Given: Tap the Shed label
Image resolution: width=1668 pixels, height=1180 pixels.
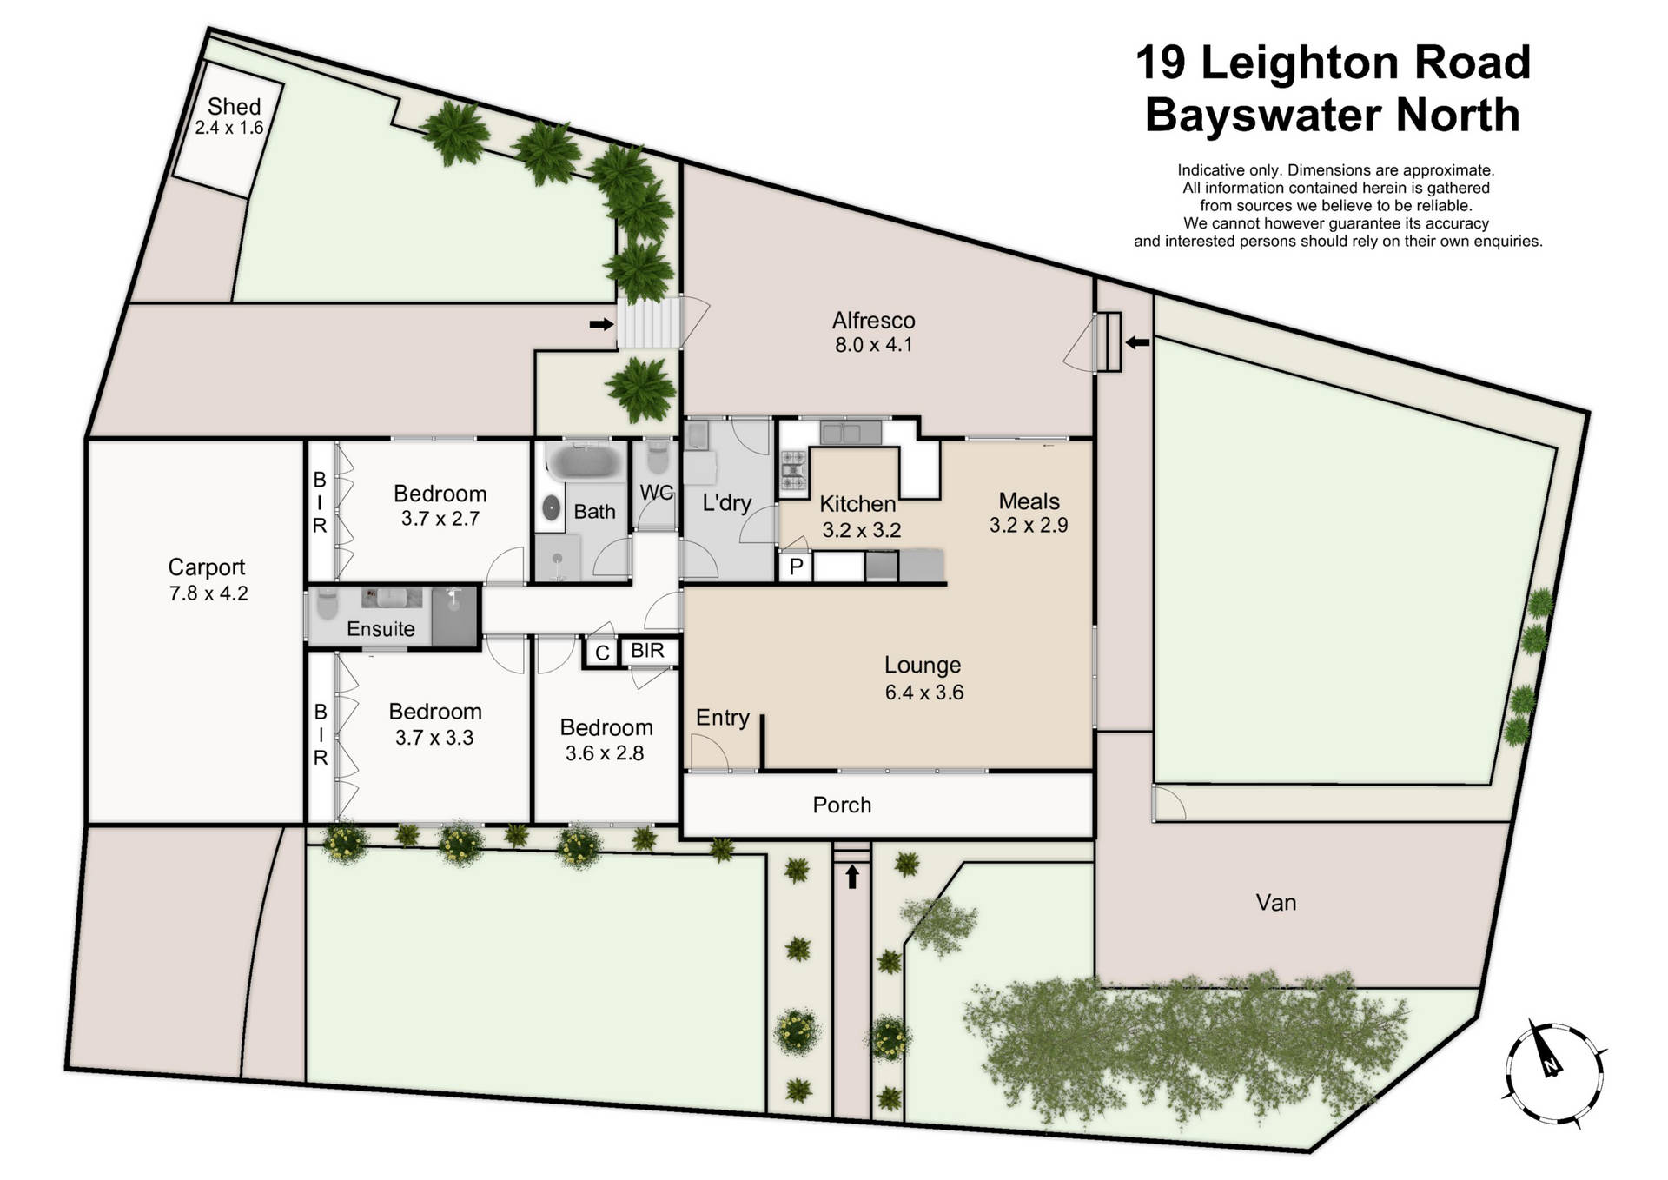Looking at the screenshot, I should point(234,107).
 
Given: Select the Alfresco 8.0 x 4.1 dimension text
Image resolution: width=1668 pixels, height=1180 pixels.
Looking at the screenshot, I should point(873,345).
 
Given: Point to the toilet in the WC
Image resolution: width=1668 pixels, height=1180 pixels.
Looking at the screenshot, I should point(658,458).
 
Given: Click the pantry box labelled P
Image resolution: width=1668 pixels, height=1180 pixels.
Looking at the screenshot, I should point(796,567).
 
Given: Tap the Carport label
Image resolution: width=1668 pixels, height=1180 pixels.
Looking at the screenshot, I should point(206,567).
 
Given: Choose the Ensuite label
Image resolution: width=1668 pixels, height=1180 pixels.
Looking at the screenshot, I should point(381,628).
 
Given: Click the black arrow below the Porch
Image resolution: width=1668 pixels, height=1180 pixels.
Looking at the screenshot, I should point(852,876).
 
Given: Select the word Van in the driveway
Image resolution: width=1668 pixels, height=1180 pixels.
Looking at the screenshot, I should point(1275,903).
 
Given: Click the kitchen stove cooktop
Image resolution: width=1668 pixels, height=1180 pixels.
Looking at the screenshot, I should point(793,470).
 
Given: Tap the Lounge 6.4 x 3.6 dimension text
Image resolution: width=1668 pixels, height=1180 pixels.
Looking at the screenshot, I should point(923,693).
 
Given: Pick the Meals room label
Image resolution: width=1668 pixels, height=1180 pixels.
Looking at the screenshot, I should point(1029,501).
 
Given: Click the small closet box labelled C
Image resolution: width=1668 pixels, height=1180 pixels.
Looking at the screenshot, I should point(602,653).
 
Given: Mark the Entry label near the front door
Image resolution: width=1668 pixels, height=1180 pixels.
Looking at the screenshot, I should point(722,718).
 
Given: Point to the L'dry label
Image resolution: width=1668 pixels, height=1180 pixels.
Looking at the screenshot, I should point(726,502).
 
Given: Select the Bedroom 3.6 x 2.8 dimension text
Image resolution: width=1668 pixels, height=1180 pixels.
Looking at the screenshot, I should point(605,753).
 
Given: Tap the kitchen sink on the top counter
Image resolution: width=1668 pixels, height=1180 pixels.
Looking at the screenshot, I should point(850,432).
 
